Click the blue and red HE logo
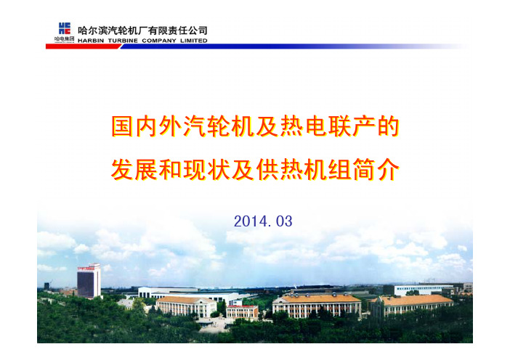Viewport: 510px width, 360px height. click(65, 28)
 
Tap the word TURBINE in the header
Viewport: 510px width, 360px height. click(123, 41)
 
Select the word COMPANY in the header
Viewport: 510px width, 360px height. click(159, 41)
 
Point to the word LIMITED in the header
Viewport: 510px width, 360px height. click(194, 41)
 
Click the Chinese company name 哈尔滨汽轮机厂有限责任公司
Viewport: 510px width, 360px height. click(142, 30)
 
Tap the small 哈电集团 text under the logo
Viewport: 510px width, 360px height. click(65, 39)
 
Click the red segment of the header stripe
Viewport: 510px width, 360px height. click(84, 46)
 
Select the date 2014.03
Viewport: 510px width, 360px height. click(263, 221)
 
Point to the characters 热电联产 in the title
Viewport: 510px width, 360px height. click(328, 126)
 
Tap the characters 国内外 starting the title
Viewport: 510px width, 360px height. click(147, 126)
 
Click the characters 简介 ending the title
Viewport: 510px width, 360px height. click(376, 170)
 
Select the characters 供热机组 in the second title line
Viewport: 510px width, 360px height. click(304, 170)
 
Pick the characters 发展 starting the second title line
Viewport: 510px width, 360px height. click(134, 170)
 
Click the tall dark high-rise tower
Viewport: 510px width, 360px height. click(89, 281)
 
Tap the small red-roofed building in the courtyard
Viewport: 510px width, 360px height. click(243, 312)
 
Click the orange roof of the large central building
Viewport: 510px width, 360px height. click(317, 298)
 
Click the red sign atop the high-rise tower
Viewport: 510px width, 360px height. click(86, 269)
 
